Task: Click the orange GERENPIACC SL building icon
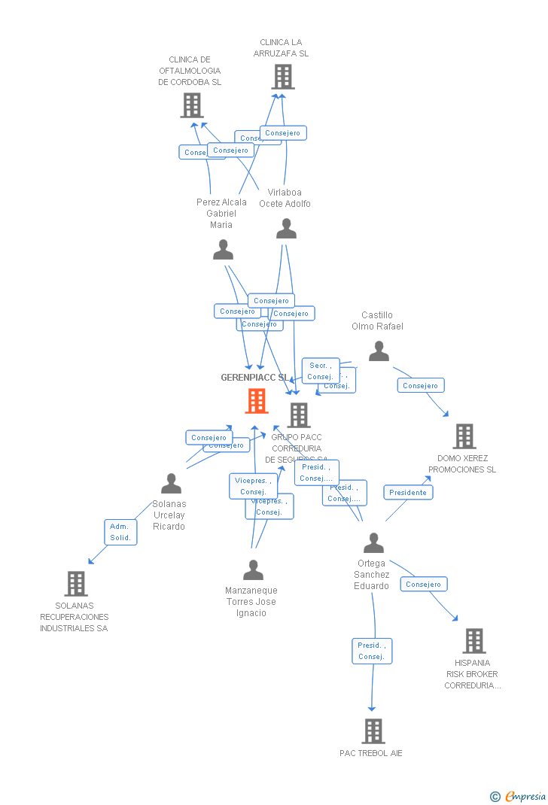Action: pos(257,401)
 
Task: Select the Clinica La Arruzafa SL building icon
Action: pos(283,77)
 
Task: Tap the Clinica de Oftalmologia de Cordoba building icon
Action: pos(192,105)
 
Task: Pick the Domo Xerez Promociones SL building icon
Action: pos(464,436)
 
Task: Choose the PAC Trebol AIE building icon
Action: pos(373,731)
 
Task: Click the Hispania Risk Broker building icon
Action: pos(473,641)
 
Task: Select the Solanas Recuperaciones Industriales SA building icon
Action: pos(76,584)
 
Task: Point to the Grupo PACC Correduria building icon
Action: pos(299,415)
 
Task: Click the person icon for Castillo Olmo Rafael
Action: pos(379,351)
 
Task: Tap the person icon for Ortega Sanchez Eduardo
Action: pos(373,542)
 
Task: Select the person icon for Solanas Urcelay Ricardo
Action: pos(172,484)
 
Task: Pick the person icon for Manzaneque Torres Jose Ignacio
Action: pos(254,570)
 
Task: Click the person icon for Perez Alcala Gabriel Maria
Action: pos(223,250)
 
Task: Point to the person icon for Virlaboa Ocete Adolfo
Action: pos(286,229)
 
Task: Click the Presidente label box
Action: pos(408,492)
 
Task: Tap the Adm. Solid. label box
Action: pos(120,532)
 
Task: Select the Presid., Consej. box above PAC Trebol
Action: pos(372,651)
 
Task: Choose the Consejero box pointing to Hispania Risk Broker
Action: pos(423,584)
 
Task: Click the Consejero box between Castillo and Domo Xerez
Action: pos(420,385)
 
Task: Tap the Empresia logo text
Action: pos(525,796)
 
